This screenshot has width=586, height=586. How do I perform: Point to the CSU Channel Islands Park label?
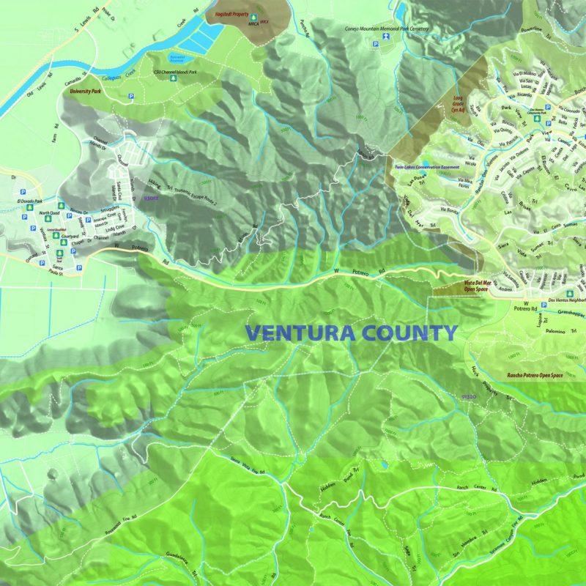[175, 72]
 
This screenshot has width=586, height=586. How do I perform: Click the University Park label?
[84, 93]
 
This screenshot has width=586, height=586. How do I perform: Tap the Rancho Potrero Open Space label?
[534, 376]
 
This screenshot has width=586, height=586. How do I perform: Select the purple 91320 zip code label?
[470, 396]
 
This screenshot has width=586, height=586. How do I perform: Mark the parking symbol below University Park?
[132, 96]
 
